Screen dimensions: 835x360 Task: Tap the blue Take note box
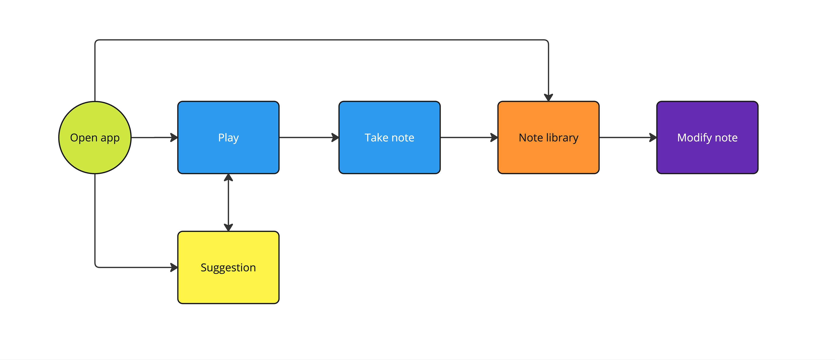389,137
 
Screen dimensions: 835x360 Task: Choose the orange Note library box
548,137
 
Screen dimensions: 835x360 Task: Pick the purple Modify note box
707,137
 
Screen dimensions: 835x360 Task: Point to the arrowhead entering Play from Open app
174,137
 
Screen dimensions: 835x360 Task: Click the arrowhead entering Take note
335,137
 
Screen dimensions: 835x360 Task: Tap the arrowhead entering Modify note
653,137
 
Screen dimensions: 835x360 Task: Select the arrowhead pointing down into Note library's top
548,98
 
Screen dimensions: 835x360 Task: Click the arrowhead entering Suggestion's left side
174,267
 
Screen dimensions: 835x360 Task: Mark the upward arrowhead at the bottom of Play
229,178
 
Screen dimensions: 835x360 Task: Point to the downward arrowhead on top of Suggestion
229,227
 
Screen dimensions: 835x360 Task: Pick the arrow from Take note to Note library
469,137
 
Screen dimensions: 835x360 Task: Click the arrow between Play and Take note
309,137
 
